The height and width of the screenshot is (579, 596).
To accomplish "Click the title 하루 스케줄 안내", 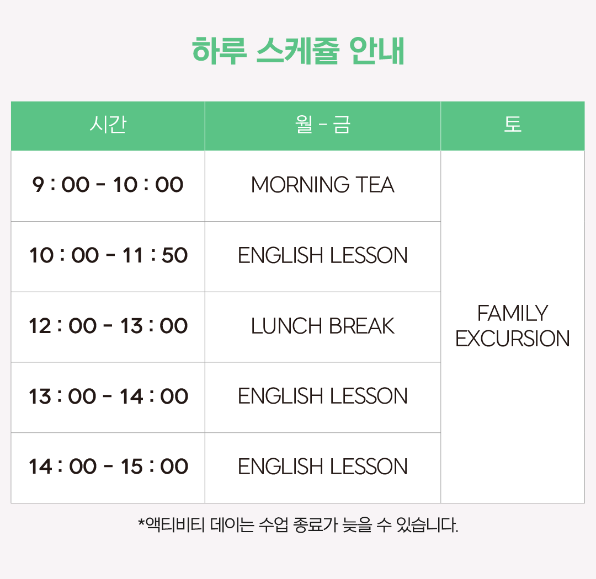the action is click(x=298, y=51).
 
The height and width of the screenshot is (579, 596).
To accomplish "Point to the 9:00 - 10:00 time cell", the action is click(x=108, y=185).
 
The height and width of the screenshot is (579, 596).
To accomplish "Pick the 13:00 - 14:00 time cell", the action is click(x=108, y=396).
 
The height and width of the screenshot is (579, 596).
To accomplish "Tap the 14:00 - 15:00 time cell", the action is click(x=108, y=467).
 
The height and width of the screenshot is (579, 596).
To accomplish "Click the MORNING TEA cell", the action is click(x=323, y=185).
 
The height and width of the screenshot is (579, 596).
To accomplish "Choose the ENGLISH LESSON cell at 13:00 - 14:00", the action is click(x=323, y=396).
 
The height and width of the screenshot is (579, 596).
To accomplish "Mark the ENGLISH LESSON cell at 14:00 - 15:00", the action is click(x=323, y=467).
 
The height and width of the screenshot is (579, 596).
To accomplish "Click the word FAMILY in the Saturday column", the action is click(x=512, y=313).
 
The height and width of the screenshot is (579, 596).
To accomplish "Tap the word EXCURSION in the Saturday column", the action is click(x=512, y=339).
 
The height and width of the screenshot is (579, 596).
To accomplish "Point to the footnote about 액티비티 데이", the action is click(x=298, y=525).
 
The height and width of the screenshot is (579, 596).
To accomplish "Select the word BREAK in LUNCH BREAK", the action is click(x=362, y=326).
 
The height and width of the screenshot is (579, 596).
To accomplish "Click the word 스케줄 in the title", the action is click(x=297, y=51).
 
